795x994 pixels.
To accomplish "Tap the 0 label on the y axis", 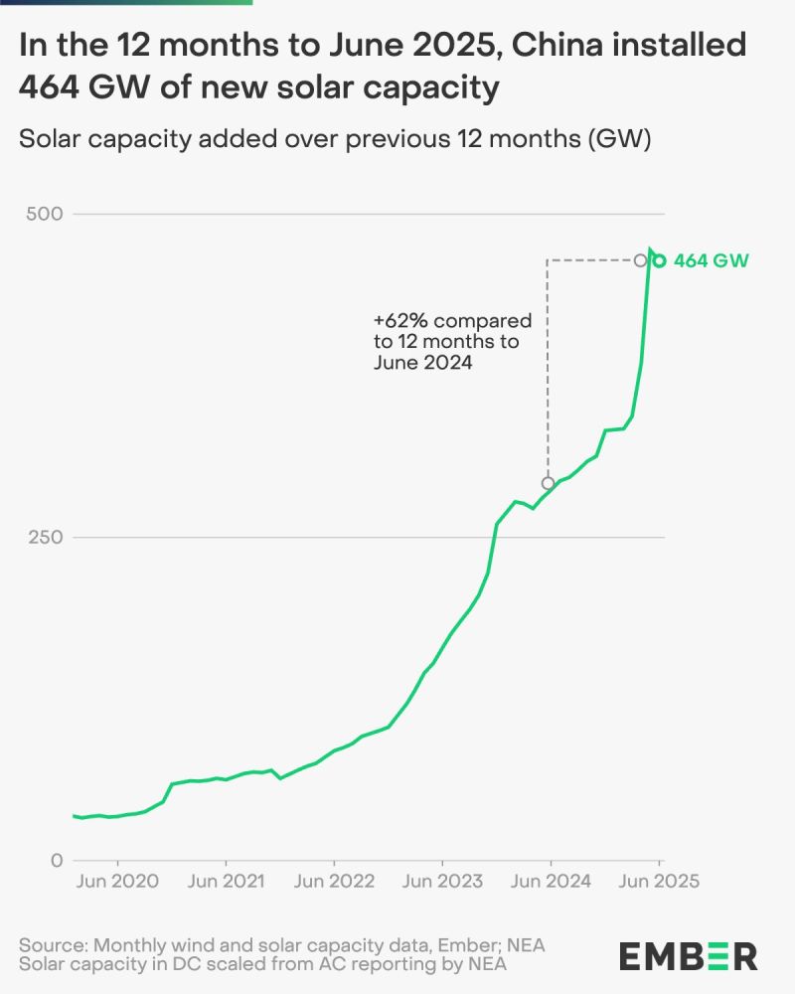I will coord(57,861).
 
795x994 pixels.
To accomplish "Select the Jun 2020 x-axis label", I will coord(118,881).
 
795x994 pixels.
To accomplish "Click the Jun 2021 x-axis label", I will coord(227,881).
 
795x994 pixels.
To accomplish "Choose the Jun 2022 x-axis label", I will coord(335,881).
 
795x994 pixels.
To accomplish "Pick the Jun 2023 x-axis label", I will coord(443,881).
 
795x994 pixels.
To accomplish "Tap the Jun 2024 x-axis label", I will coord(552,881).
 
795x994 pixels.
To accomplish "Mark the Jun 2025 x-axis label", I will coord(660,881).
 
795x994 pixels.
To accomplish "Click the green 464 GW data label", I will coord(712,261).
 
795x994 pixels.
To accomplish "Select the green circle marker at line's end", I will coord(659,261).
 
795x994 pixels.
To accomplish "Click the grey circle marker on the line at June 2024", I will coord(548,483).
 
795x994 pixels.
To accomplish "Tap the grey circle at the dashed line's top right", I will coord(641,260).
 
